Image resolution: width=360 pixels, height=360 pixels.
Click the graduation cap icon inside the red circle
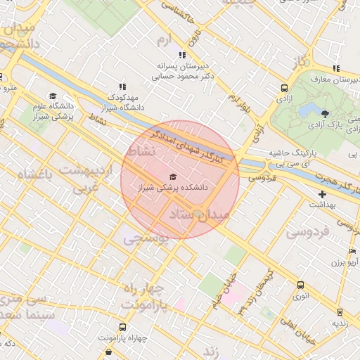(x=174, y=176)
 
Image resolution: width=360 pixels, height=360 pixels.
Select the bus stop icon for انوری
(x=301, y=285)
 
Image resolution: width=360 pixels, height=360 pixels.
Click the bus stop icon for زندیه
(x=340, y=311)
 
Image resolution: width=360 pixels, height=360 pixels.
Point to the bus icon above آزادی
(x=284, y=89)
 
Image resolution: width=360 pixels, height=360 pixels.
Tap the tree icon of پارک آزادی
(x=325, y=113)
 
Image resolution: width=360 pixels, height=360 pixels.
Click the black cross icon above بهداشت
(x=323, y=193)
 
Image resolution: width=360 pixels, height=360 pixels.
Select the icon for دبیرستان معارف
(x=337, y=68)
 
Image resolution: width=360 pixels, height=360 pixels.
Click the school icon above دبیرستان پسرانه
(x=182, y=54)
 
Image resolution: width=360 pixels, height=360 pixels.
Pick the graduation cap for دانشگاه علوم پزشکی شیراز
(x=53, y=96)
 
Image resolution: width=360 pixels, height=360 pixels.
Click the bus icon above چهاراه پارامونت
(x=123, y=327)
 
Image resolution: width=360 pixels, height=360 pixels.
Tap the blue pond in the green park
(x=307, y=110)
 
